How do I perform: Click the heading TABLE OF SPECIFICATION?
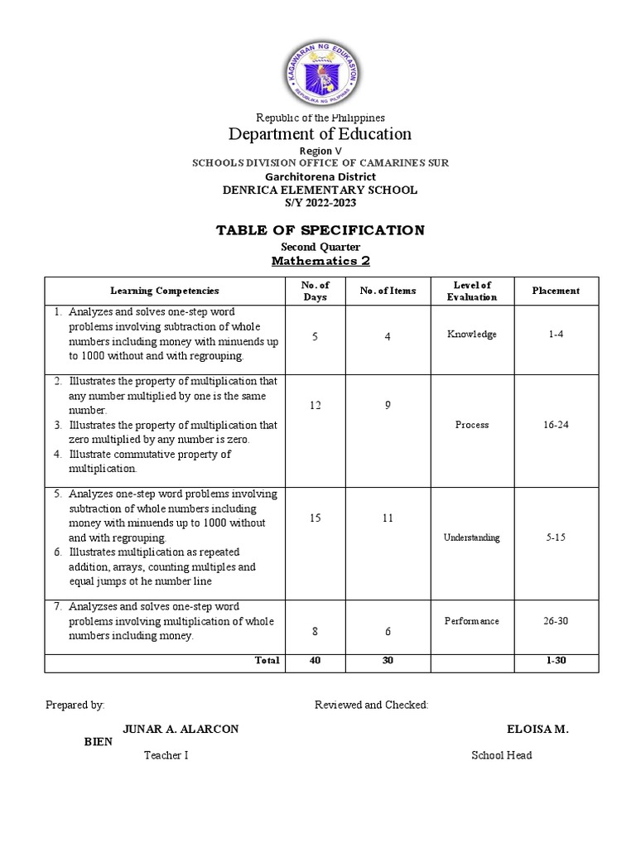click(x=320, y=229)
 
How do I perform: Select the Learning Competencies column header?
click(x=165, y=291)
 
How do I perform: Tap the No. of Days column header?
click(x=316, y=291)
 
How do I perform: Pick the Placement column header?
click(x=556, y=291)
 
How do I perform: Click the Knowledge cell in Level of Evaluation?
click(x=472, y=335)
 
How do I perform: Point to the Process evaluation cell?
click(x=472, y=425)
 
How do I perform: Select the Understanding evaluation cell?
click(x=472, y=537)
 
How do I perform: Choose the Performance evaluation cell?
click(x=472, y=621)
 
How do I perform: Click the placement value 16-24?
click(x=556, y=425)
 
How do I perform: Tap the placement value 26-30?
click(x=556, y=621)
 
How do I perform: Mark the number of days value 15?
click(x=316, y=518)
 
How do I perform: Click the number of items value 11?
click(x=388, y=518)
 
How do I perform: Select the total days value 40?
click(x=316, y=661)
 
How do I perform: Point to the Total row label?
click(x=267, y=661)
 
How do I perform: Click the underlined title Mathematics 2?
click(x=320, y=262)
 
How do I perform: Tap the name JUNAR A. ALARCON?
click(x=181, y=729)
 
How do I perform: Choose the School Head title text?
click(x=502, y=755)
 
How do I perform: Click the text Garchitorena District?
click(x=320, y=176)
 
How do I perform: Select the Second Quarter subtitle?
click(x=320, y=246)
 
